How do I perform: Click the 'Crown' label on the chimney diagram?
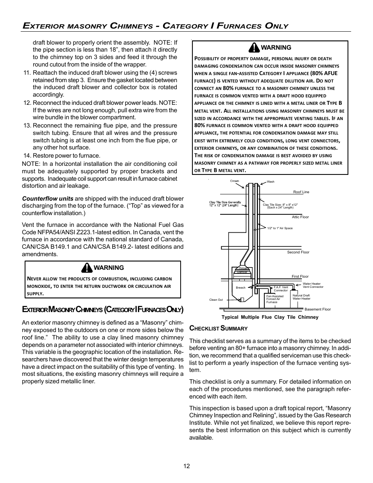point(234,181)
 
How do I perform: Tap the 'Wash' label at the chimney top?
point(271,182)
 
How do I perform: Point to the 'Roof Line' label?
point(301,192)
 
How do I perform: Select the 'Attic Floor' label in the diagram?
point(300,217)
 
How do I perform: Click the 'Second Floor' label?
point(298,252)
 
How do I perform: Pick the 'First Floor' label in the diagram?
point(300,277)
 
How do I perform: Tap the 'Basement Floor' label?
point(317,309)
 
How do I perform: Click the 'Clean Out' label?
point(216,300)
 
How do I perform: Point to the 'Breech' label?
point(240,287)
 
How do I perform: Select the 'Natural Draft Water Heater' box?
point(301,297)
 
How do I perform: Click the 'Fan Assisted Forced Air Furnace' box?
point(275,299)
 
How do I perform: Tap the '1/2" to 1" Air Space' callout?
point(280,228)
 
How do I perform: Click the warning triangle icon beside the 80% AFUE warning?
point(254,48)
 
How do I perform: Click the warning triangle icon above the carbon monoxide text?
point(86,268)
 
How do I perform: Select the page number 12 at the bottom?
point(186,466)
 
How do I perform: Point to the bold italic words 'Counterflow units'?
point(47,199)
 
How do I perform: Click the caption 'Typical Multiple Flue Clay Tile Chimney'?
point(270,317)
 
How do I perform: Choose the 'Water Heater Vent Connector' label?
point(313,285)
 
